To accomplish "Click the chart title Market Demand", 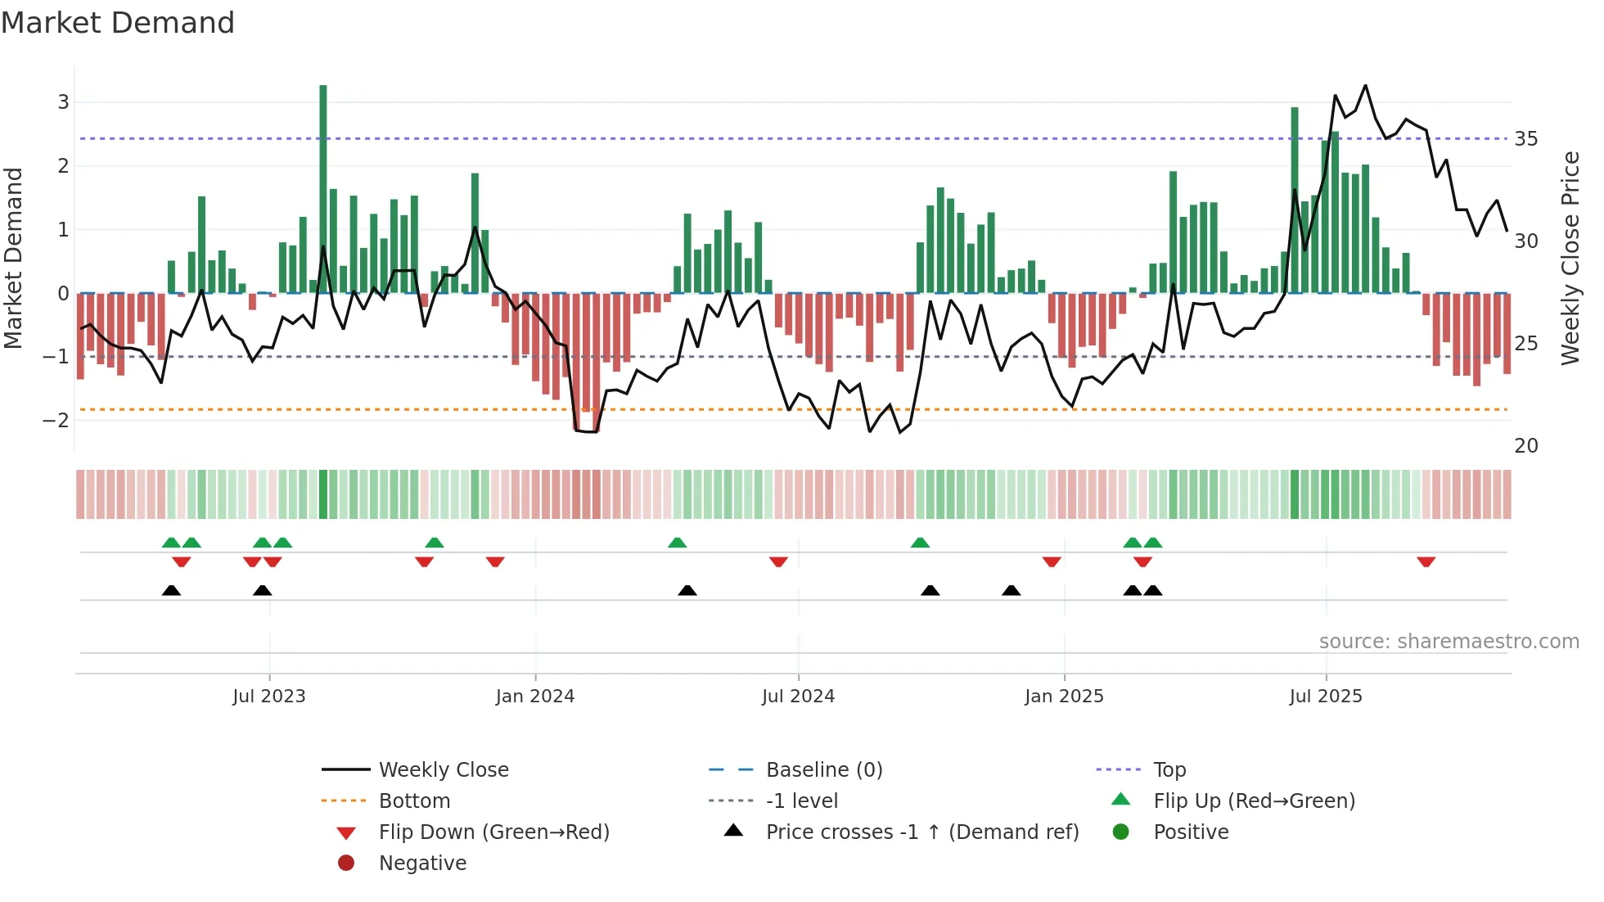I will point(118,23).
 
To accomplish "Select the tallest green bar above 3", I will point(323,188).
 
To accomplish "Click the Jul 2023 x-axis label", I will point(268,696).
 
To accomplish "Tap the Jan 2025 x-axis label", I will point(1064,696).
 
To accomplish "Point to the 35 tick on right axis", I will point(1525,139).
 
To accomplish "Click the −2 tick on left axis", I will point(56,420).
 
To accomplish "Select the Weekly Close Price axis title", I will point(1570,258).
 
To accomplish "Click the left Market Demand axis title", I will point(13,258).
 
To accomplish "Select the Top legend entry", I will point(1169,769).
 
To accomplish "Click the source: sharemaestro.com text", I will point(1449,641).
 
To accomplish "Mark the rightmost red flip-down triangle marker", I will point(1426,561).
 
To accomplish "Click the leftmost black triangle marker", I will point(171,590).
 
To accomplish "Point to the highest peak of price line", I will point(1365,85).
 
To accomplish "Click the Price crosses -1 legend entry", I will point(921,832).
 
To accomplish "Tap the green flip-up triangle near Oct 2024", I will point(920,543).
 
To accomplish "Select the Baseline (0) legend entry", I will point(823,769).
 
